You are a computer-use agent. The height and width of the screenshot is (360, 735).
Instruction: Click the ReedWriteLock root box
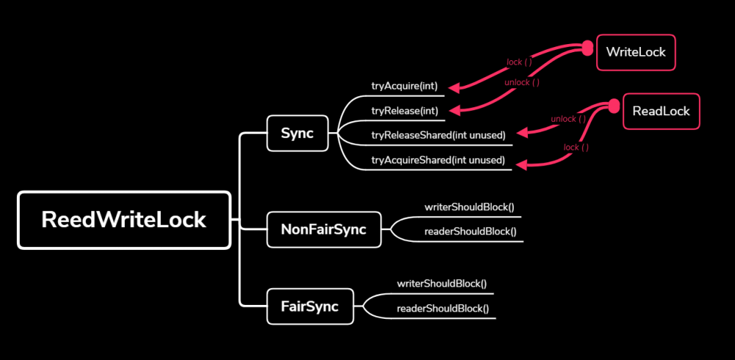[124, 220]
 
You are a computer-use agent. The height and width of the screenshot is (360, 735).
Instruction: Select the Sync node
[297, 134]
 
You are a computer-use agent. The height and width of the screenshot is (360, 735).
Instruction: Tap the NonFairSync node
[323, 230]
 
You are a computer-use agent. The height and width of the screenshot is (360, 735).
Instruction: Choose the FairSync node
[309, 306]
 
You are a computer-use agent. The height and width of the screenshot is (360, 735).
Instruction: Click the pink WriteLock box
[636, 52]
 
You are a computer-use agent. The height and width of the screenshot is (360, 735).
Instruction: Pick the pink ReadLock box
[661, 111]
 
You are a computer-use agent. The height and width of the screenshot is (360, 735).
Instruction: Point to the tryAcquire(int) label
[404, 86]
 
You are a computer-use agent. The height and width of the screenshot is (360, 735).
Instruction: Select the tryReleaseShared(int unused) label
[438, 134]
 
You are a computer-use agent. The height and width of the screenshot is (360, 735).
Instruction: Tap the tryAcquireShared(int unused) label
[438, 159]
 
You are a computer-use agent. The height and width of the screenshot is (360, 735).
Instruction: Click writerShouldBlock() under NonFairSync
[470, 206]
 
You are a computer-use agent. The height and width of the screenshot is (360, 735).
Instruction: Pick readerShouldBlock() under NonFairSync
[470, 231]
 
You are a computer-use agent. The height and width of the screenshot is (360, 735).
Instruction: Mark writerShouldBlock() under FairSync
[442, 283]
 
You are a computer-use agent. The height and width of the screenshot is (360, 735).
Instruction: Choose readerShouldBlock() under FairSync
[442, 309]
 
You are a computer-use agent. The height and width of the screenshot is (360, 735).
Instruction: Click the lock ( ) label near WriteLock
[520, 62]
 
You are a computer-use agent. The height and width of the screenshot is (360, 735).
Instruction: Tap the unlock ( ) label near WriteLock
[522, 82]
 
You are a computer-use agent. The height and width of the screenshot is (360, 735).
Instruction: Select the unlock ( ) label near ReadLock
[568, 119]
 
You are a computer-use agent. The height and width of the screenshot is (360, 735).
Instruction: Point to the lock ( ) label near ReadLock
[576, 147]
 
